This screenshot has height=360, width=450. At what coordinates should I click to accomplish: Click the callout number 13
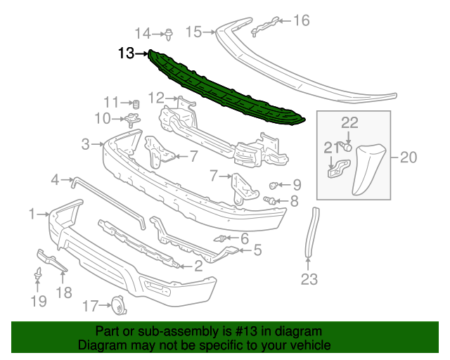coord(127,53)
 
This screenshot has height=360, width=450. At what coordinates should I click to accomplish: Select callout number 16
coord(301,20)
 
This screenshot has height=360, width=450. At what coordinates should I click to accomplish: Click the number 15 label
coord(193,32)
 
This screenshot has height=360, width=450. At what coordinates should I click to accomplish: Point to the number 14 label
coord(143,33)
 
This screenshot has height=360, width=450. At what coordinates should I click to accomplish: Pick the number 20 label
coord(408,157)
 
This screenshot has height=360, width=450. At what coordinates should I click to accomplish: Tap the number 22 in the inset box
coord(349,123)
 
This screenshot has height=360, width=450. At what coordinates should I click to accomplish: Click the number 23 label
coord(309,280)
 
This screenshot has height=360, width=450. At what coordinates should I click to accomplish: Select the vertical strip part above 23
coord(310,232)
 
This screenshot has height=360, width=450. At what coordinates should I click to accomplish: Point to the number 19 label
coord(38,302)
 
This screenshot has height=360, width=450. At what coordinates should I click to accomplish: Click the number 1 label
coord(32,213)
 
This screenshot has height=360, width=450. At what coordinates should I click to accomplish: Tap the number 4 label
coord(56,181)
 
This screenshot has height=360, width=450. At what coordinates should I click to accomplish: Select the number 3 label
coord(86,145)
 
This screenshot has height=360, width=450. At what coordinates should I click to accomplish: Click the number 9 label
coord(297,186)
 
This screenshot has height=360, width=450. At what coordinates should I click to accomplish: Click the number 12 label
coord(155,98)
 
